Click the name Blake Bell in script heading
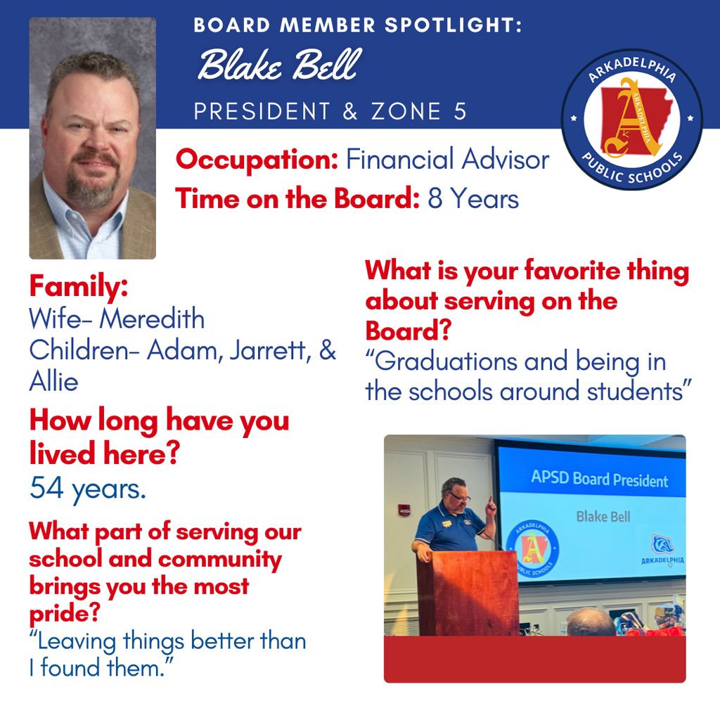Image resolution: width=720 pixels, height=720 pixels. click(278, 66)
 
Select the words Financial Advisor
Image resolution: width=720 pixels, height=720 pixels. click(447, 160)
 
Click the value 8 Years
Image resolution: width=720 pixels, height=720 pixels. click(473, 199)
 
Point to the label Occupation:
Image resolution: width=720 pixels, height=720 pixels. click(257, 160)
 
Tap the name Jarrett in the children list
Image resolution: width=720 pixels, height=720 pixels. click(268, 350)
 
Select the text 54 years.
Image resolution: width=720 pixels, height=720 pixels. click(88, 489)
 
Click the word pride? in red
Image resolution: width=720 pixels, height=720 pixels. click(63, 613)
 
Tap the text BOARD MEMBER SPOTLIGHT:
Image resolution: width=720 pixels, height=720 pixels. click(358, 26)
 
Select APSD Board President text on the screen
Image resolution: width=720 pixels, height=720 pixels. click(599, 481)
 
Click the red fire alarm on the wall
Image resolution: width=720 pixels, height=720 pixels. click(404, 510)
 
